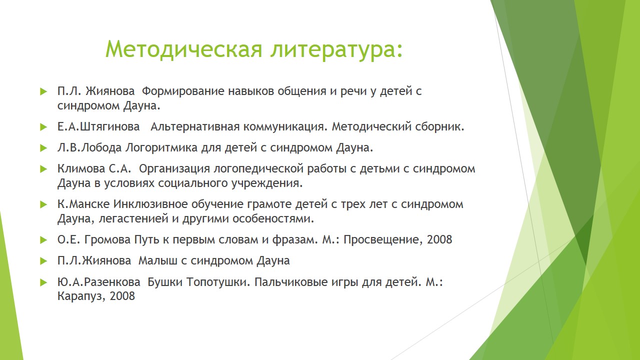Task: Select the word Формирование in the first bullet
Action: click(x=183, y=91)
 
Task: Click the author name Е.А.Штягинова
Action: click(x=98, y=126)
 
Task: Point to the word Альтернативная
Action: click(x=195, y=127)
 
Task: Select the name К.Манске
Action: click(x=83, y=204)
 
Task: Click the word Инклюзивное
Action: click(x=150, y=204)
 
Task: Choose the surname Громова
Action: click(x=107, y=239)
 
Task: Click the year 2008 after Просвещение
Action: click(x=439, y=239)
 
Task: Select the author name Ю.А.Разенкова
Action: click(x=99, y=282)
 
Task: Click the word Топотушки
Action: click(x=218, y=282)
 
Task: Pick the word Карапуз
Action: click(x=81, y=296)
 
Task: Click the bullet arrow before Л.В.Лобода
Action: click(x=43, y=148)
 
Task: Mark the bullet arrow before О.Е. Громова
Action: click(x=43, y=239)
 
